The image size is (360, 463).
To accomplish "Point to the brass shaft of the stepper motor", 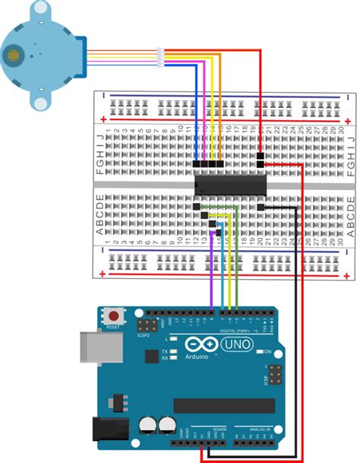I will (12, 55).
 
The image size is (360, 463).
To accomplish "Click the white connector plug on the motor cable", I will (160, 55).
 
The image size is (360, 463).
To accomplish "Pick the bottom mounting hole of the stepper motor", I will (40, 101).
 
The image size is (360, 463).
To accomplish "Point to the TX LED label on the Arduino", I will (165, 350).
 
